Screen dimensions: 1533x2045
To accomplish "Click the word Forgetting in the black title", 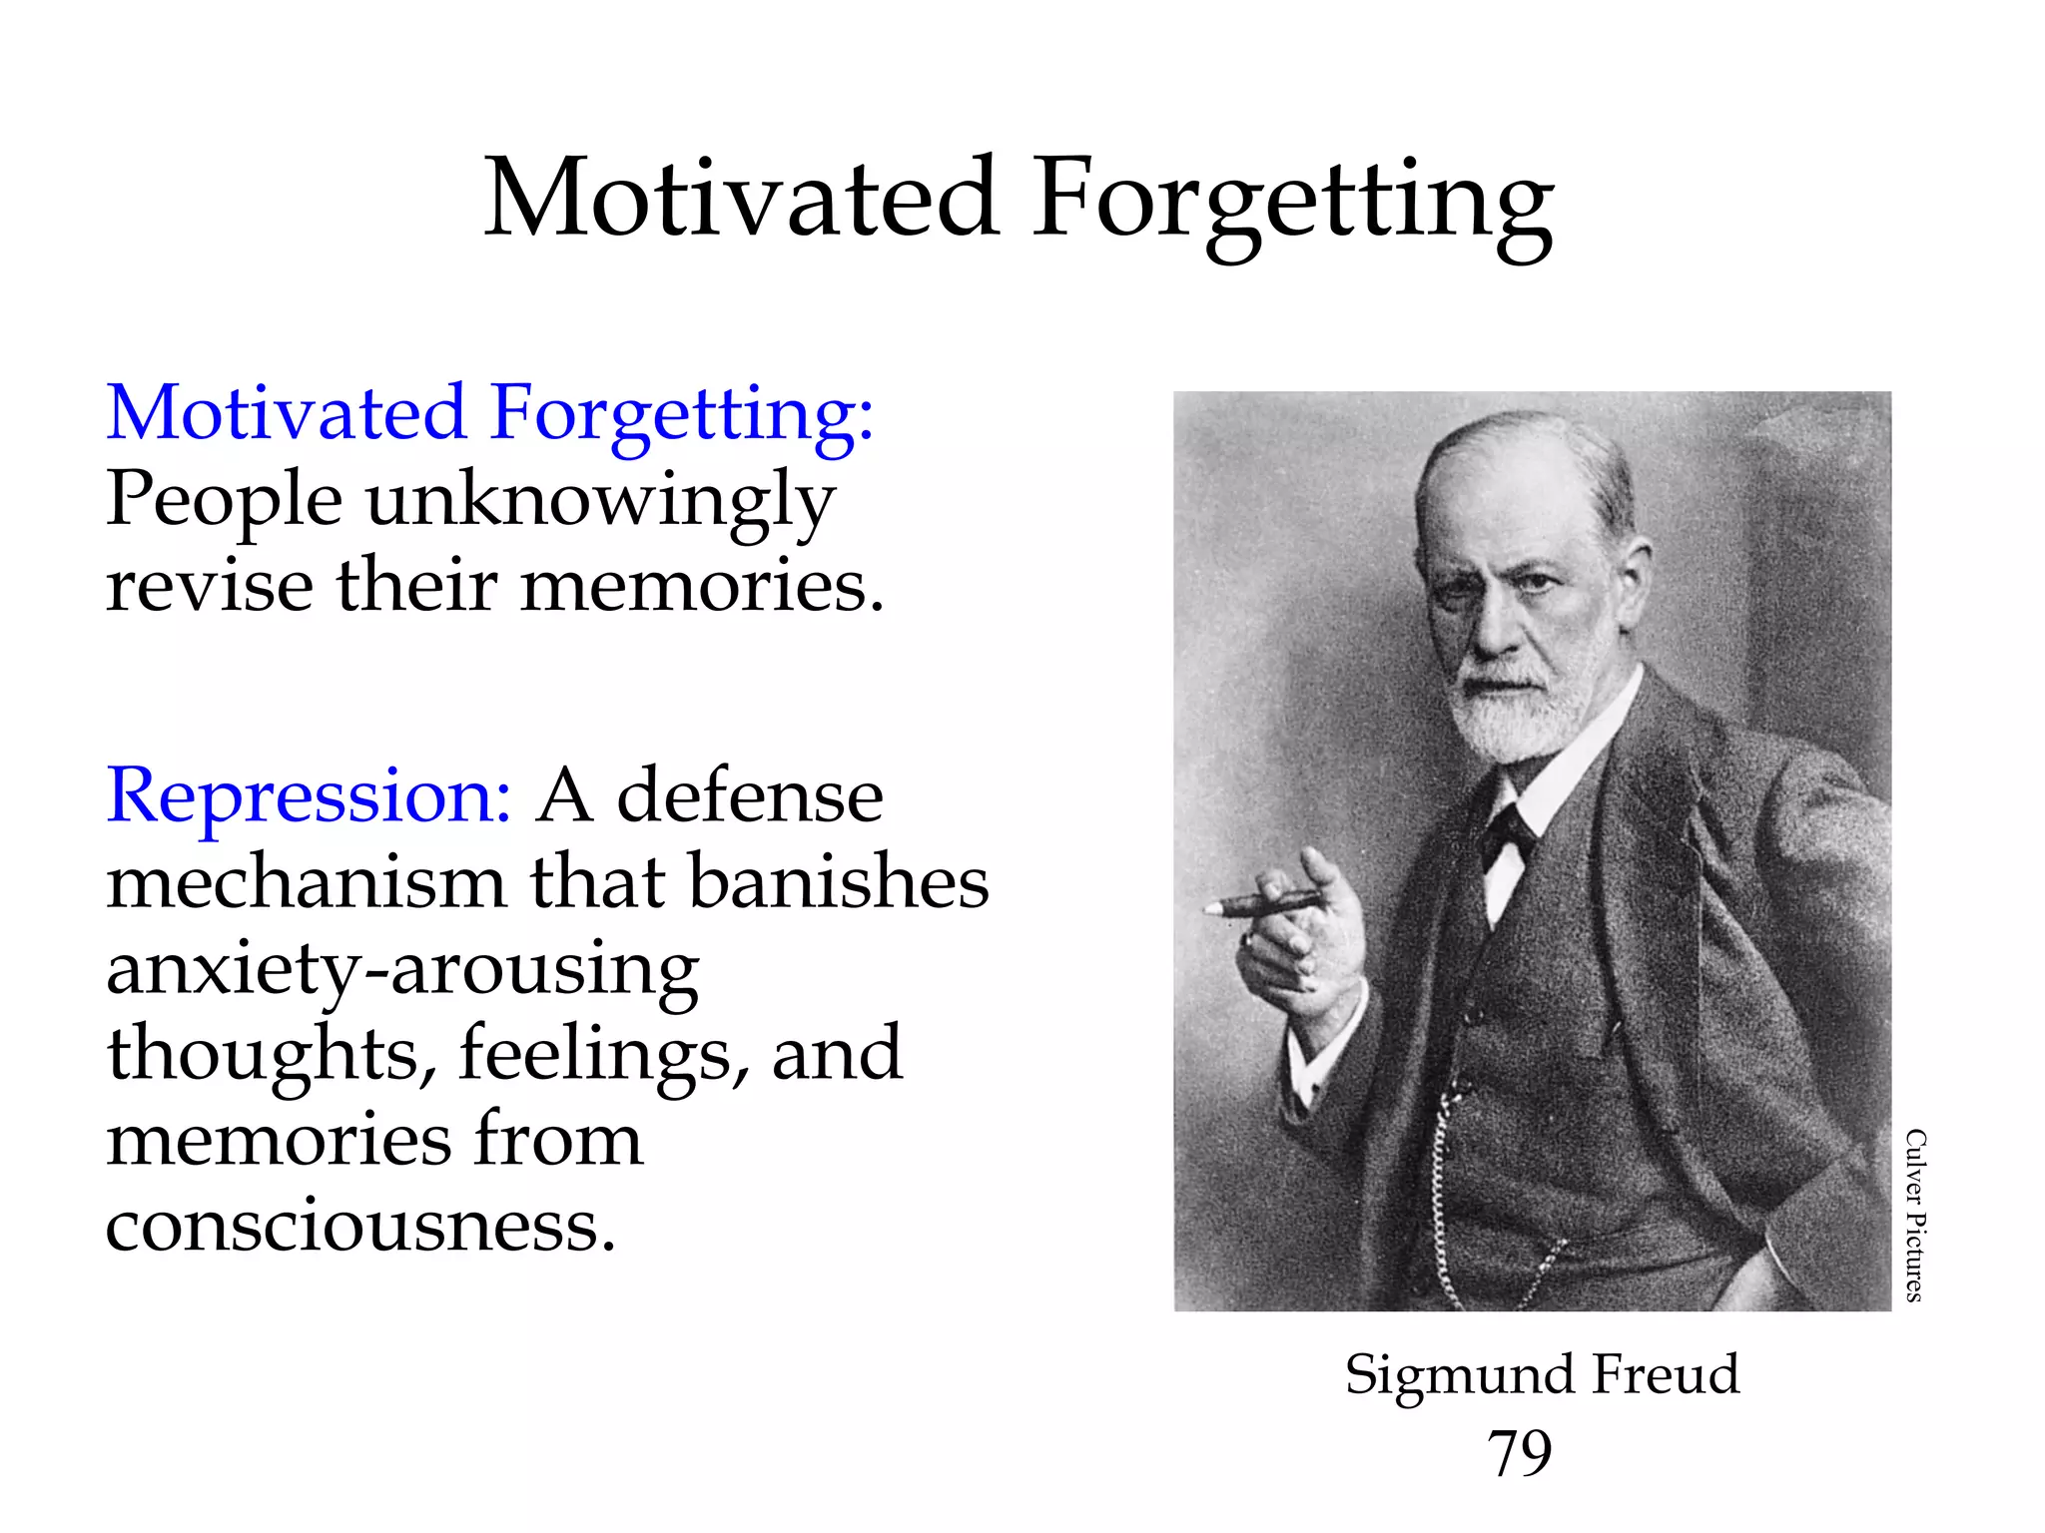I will pos(1292,205).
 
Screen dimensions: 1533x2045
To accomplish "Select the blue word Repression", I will pos(309,795).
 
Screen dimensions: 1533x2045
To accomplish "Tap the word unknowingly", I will pos(600,501).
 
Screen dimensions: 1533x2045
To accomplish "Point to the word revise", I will pos(209,586).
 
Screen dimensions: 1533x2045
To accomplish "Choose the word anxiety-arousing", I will pos(402,970).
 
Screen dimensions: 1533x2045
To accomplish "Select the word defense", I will pos(750,796).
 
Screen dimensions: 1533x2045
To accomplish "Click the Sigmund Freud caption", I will pos(1542,1374).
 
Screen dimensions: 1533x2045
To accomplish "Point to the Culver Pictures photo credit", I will pos(1914,1215).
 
